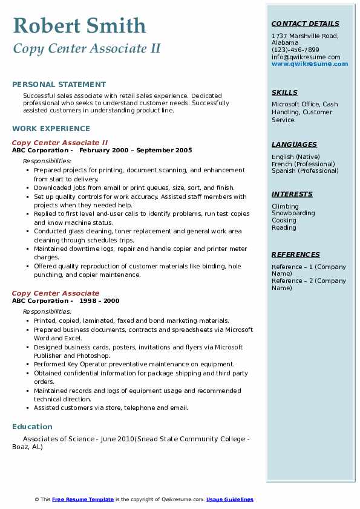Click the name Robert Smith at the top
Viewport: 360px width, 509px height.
tap(79, 25)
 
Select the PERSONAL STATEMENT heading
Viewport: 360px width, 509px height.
tap(59, 85)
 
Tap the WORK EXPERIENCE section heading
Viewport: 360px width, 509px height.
tap(51, 128)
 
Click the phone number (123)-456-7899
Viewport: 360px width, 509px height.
tap(295, 50)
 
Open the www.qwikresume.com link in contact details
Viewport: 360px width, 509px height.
tap(310, 64)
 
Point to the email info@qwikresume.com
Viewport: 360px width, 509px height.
tap(306, 57)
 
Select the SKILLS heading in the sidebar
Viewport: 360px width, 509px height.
tap(284, 92)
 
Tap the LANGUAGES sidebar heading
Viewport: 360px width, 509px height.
tap(294, 144)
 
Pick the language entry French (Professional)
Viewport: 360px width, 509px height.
tap(303, 164)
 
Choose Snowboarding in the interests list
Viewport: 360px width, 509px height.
tap(293, 213)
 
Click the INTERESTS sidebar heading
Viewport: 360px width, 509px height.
tap(292, 194)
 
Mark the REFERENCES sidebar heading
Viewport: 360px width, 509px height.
tap(295, 254)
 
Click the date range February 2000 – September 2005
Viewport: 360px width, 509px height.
tap(136, 151)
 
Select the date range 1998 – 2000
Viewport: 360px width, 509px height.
tap(99, 301)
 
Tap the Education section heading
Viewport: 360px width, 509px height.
tap(32, 427)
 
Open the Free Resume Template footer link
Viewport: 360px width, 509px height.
tap(83, 499)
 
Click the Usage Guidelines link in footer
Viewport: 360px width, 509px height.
tap(230, 499)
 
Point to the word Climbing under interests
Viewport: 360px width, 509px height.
tap(285, 206)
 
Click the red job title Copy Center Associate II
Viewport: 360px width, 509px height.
tap(60, 143)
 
